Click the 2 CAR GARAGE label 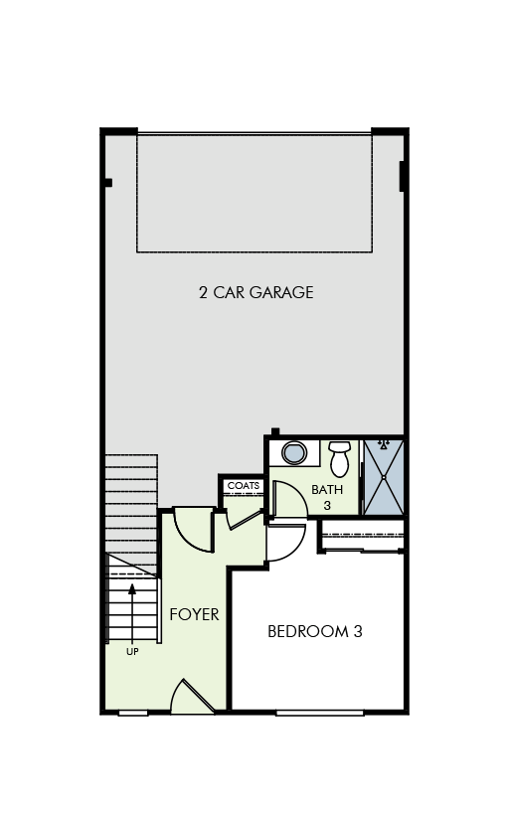tap(255, 292)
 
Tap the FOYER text tap(194, 614)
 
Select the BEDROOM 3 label tap(314, 631)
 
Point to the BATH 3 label tap(327, 497)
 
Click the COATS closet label tap(244, 486)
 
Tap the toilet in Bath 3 tap(340, 458)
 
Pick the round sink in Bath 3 tap(294, 453)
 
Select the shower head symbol tap(383, 446)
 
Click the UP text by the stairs tap(132, 652)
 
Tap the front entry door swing tap(191, 698)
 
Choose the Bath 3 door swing tap(287, 498)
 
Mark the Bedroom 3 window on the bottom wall tap(319, 712)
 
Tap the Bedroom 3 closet tap(362, 536)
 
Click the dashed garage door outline tap(254, 193)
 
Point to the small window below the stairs tap(133, 712)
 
